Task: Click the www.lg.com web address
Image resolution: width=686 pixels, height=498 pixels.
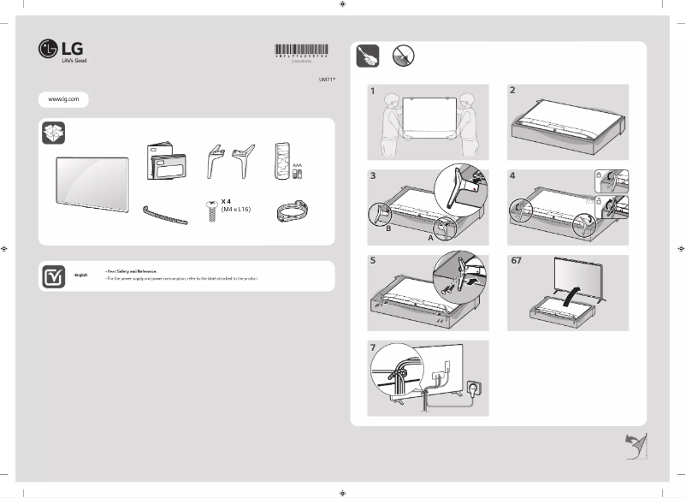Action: [x=63, y=99]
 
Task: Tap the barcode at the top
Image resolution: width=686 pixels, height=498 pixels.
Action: [x=305, y=50]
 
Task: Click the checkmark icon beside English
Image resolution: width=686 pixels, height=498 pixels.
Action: [x=53, y=276]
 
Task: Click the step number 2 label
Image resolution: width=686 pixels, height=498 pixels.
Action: [x=512, y=90]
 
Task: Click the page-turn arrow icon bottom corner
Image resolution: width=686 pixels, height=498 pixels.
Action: [x=635, y=446]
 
